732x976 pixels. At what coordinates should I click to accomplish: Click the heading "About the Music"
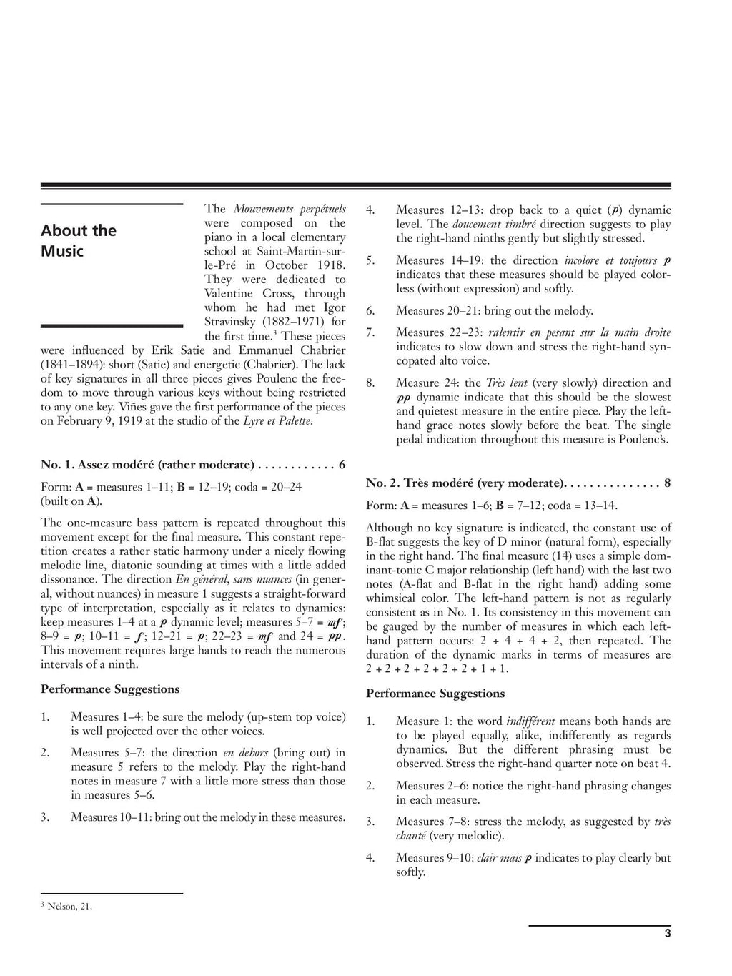pyautogui.click(x=78, y=240)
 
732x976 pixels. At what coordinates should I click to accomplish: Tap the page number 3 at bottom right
pyautogui.click(x=667, y=932)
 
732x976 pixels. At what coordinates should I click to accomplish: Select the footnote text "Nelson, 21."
pyautogui.click(x=69, y=907)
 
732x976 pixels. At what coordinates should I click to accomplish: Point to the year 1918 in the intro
pyautogui.click(x=329, y=265)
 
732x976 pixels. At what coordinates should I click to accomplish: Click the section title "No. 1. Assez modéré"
pyautogui.click(x=147, y=465)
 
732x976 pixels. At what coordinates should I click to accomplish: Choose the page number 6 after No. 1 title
pyautogui.click(x=342, y=465)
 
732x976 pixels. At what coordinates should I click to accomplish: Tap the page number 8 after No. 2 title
pyautogui.click(x=667, y=483)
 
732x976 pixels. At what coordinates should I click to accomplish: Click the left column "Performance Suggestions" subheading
pyautogui.click(x=110, y=689)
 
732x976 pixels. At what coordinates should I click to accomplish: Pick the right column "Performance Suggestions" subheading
pyautogui.click(x=435, y=694)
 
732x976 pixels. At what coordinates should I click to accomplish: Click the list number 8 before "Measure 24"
pyautogui.click(x=370, y=383)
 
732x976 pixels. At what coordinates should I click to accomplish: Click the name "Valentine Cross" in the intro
pyautogui.click(x=247, y=294)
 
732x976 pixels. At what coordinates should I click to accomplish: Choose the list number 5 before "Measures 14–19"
pyautogui.click(x=370, y=260)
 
